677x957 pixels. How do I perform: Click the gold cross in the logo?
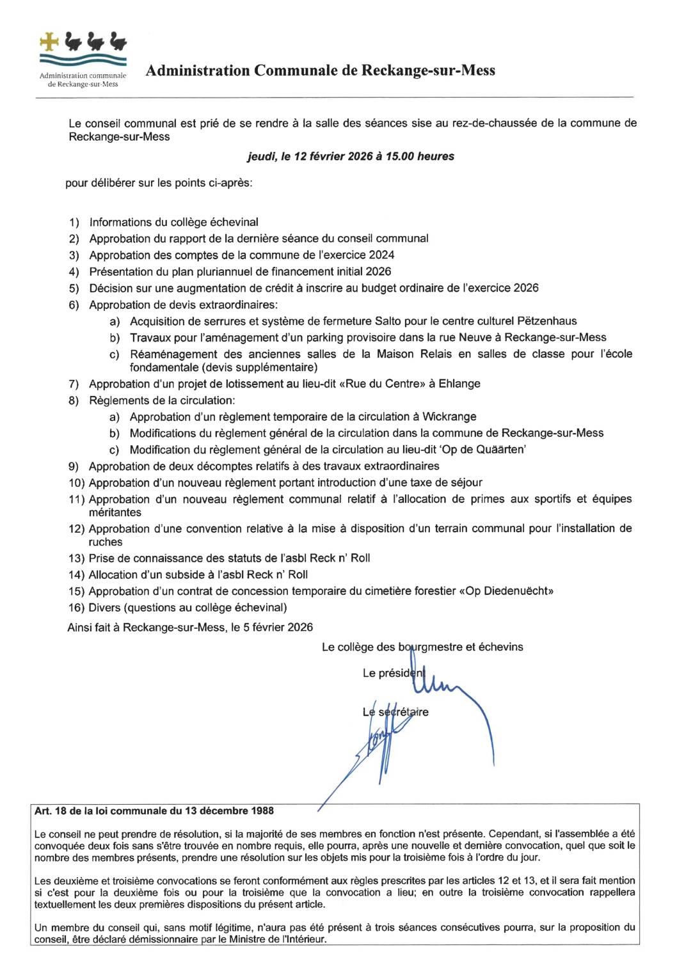(49, 42)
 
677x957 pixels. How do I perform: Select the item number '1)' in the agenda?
(74, 223)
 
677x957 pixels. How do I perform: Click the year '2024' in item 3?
(381, 255)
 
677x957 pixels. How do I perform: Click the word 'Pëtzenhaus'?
(548, 321)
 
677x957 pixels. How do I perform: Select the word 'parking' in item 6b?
(347, 338)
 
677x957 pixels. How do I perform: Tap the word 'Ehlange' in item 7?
(459, 384)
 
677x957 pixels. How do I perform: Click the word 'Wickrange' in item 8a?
(449, 417)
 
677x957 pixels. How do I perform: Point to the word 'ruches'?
(106, 542)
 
